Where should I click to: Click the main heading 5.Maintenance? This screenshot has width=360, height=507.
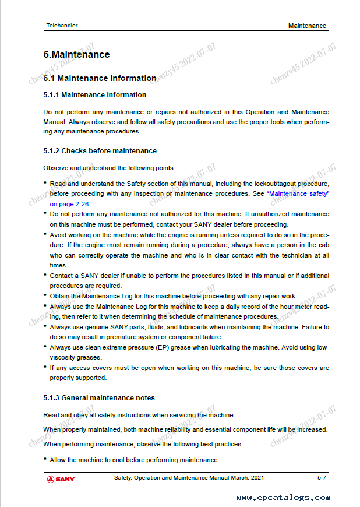(x=76, y=55)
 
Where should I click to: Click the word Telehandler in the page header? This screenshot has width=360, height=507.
(x=62, y=26)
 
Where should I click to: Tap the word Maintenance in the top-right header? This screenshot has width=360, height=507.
(x=307, y=26)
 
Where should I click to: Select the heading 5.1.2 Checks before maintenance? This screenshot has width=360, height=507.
(x=100, y=151)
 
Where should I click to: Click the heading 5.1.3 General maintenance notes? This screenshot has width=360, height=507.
(x=99, y=398)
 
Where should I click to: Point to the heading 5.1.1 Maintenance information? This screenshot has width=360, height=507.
(x=95, y=95)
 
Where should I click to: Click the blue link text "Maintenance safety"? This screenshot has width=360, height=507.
(x=298, y=193)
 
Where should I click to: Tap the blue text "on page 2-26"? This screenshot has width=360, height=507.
(x=69, y=204)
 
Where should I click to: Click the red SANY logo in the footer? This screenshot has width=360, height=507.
(x=61, y=479)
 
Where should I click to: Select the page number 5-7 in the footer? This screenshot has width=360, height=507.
(x=322, y=478)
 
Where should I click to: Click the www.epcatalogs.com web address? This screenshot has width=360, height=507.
(x=284, y=497)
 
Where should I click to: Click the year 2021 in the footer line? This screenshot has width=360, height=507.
(x=256, y=478)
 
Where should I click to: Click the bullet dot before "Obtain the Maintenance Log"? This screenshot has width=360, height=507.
(x=45, y=295)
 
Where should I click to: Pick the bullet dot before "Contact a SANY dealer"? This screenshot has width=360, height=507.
(x=45, y=274)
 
